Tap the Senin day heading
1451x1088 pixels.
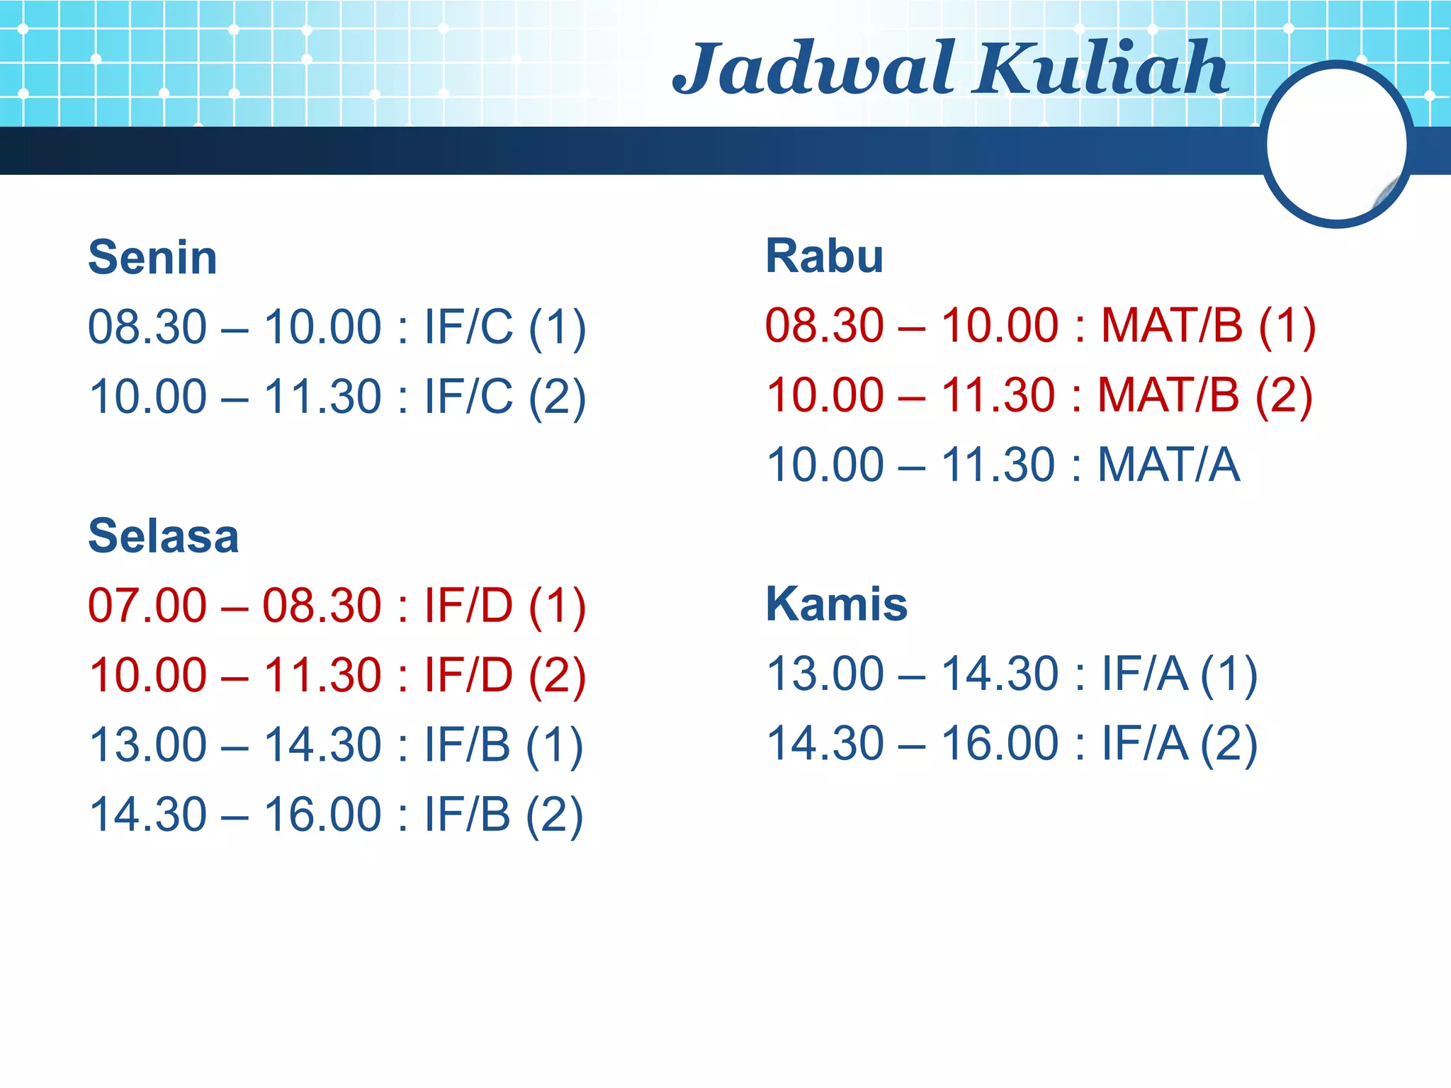[152, 257]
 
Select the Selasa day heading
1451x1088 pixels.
[164, 535]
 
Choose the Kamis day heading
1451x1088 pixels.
[837, 604]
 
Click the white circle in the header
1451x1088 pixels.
[1336, 144]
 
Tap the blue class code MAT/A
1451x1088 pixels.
[1169, 465]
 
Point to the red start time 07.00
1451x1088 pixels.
[147, 606]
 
